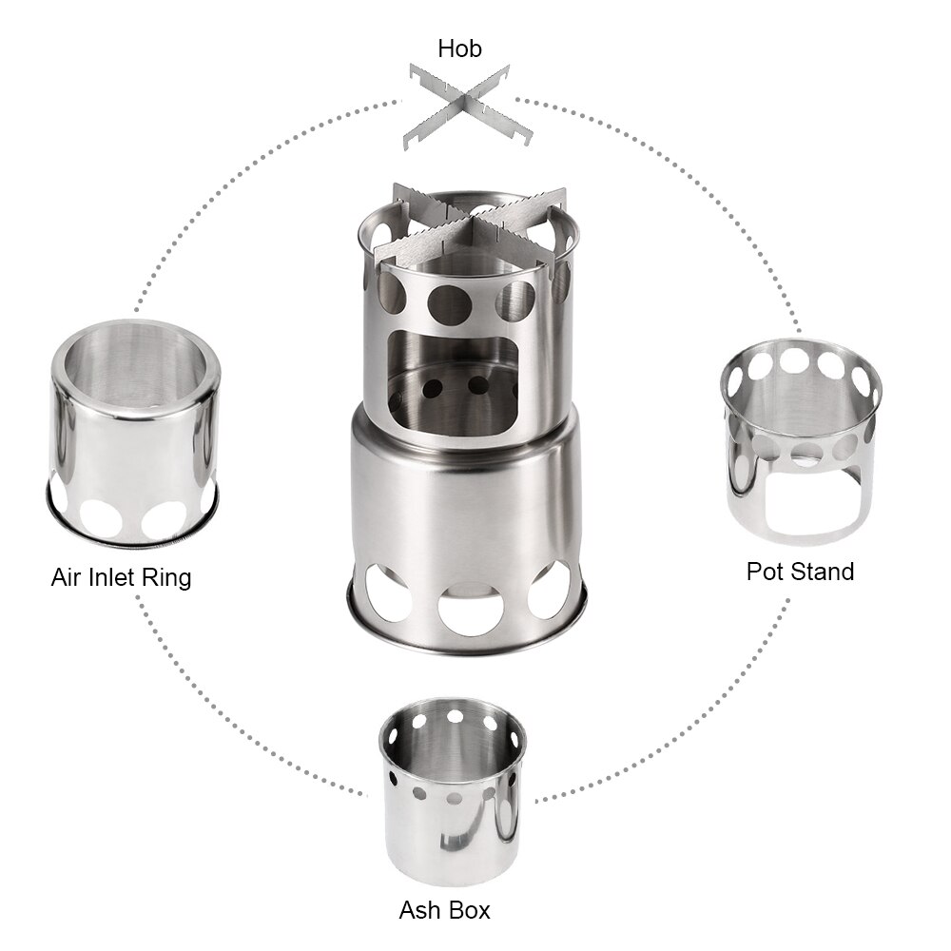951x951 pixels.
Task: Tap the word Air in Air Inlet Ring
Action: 69,576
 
